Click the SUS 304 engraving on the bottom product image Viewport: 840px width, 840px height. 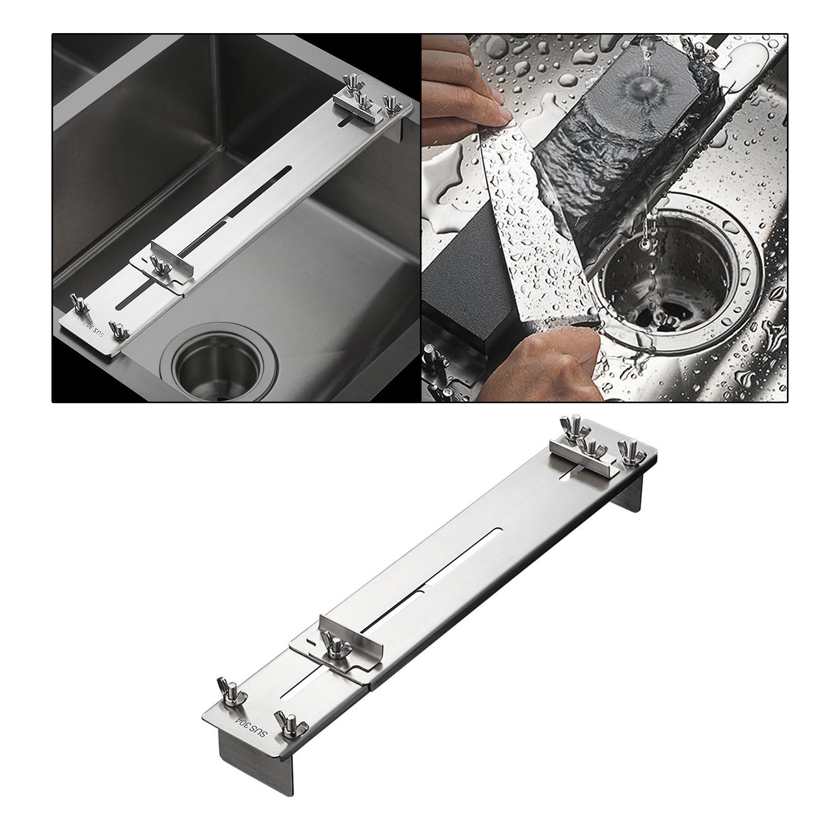[251, 727]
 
